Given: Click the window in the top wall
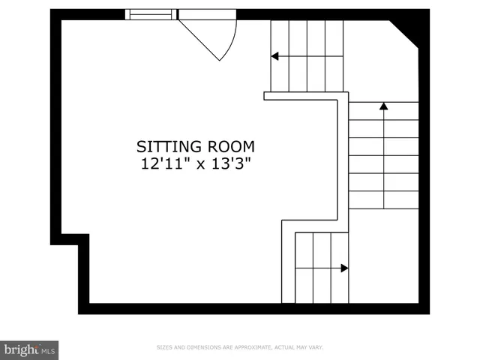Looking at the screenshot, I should tap(151, 13).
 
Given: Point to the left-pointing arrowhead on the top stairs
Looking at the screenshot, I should tap(275, 56).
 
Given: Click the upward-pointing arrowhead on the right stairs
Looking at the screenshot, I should tap(383, 106).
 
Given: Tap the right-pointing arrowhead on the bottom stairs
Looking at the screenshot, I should tap(344, 268).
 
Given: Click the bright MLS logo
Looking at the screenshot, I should tap(29, 349).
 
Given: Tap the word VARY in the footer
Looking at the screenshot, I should tap(316, 347).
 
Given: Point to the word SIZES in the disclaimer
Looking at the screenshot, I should tap(164, 347).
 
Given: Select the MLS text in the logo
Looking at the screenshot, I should tap(48, 350).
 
